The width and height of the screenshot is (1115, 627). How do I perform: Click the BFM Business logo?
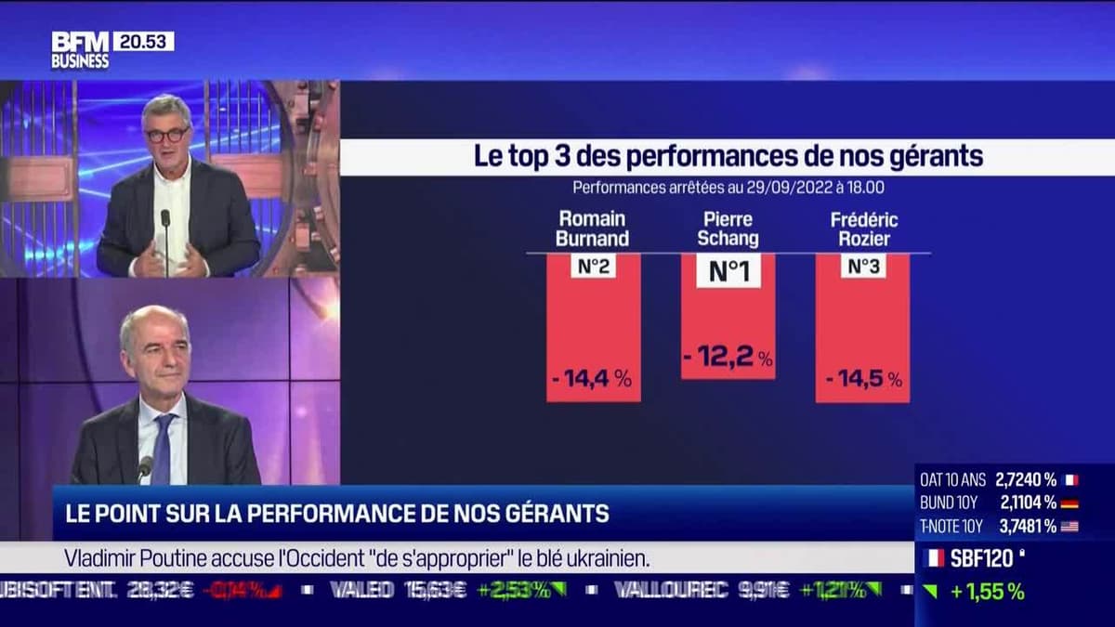pos(80,50)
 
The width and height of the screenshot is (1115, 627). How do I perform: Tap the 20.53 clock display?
pos(143,41)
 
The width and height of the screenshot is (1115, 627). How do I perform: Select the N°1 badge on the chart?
pos(728,270)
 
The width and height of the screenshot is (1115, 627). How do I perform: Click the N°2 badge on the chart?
pos(593,267)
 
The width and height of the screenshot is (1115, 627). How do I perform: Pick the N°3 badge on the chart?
pos(863,267)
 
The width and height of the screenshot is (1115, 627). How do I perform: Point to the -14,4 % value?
pos(593,378)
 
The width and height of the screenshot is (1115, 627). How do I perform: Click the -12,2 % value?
pos(728,356)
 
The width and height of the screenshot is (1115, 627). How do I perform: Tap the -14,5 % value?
pos(863,378)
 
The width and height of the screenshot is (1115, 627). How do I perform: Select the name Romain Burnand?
pos(593,229)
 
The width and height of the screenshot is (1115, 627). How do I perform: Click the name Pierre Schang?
pos(728,229)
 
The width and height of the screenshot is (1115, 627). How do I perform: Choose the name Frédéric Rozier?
pos(863,229)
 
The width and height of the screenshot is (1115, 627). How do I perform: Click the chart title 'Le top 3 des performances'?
pos(728,156)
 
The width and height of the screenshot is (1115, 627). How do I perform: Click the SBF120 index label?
pos(982,558)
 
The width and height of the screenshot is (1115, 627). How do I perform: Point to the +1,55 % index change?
pos(987,592)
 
